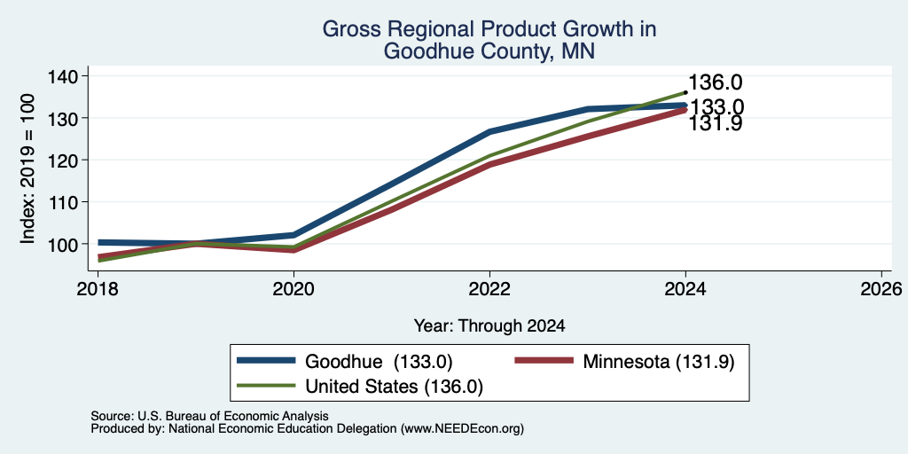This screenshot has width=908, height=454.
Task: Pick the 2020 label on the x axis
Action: [x=294, y=288]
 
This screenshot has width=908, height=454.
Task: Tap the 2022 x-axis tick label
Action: [x=489, y=288]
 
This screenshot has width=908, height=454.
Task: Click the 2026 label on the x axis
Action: [x=882, y=288]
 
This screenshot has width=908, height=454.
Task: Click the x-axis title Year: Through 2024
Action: [x=489, y=326]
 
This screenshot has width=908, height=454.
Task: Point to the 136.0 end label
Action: [x=716, y=82]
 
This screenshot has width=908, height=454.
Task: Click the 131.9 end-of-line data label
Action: [x=716, y=123]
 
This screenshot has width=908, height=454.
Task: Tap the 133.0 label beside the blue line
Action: [x=716, y=107]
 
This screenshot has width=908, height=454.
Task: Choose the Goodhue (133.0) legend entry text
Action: [x=378, y=362]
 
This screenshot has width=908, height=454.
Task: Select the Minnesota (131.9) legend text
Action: [x=659, y=362]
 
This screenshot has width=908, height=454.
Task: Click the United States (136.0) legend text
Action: [x=394, y=387]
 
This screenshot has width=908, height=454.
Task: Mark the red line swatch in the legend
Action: [x=544, y=361]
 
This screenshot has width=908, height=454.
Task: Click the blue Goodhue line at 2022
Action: [x=489, y=131]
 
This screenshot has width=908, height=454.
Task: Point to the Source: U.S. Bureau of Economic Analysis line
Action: [x=209, y=416]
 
